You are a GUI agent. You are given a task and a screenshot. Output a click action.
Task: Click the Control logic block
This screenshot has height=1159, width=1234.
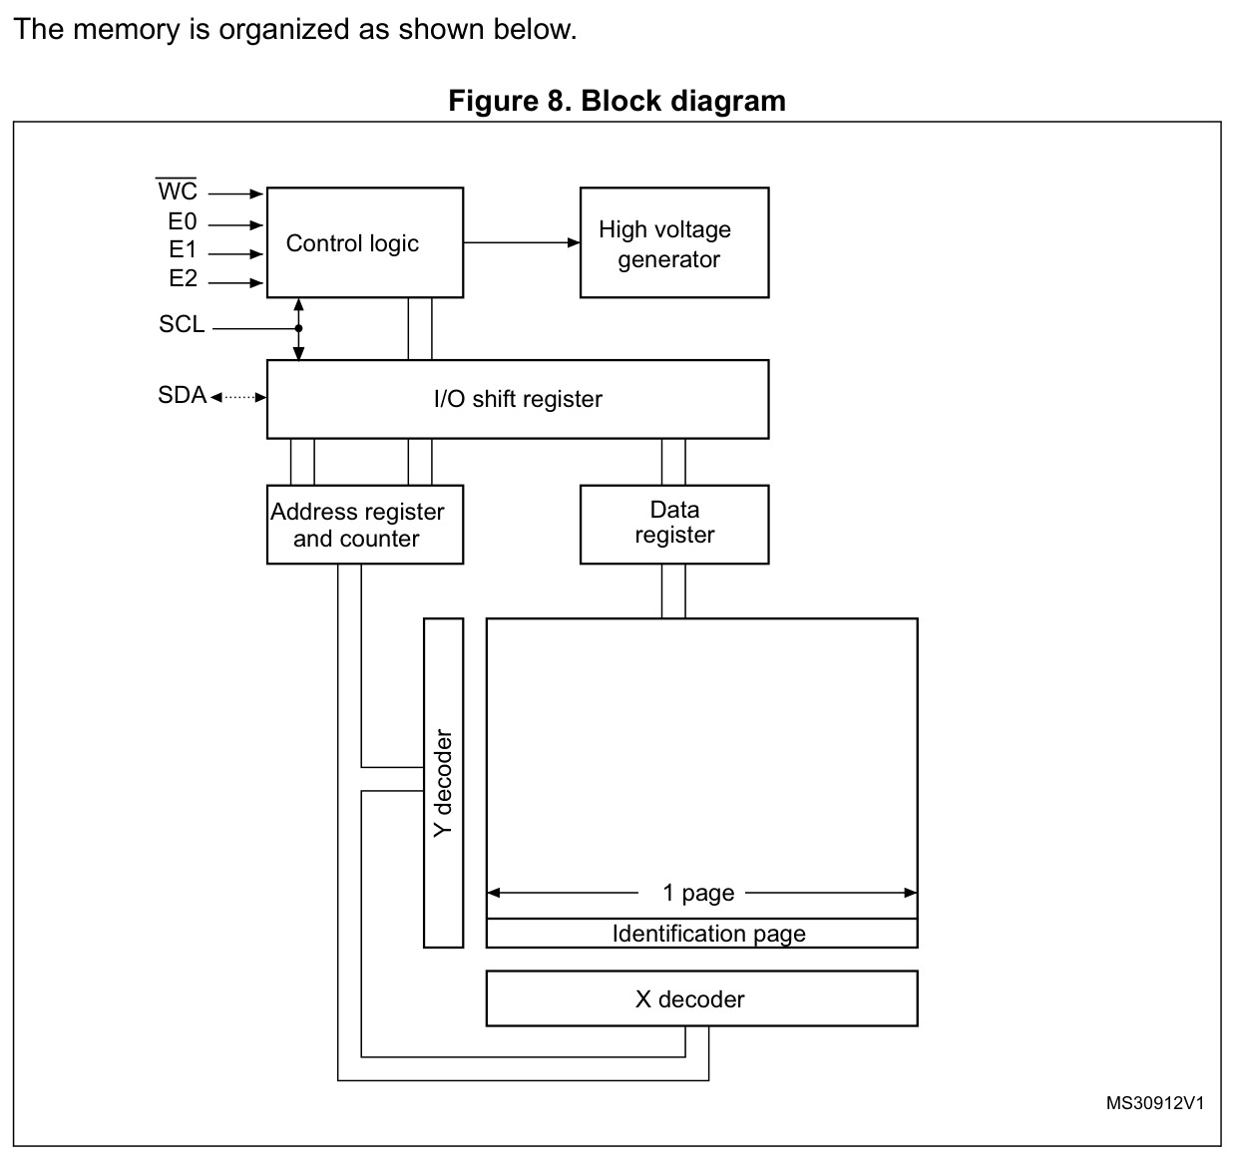pos(365,242)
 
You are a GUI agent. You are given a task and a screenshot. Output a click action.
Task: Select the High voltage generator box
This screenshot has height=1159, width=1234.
pos(674,242)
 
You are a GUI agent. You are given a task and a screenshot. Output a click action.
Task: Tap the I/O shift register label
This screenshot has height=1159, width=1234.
pos(518,399)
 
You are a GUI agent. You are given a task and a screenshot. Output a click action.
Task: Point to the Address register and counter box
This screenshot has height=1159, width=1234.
pos(365,525)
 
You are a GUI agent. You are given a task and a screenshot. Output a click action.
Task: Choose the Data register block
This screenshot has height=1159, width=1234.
pos(674,525)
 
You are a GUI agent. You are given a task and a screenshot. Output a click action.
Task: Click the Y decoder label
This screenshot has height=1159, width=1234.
pos(443,783)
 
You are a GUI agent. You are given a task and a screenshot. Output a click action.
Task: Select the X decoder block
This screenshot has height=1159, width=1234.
pos(701,998)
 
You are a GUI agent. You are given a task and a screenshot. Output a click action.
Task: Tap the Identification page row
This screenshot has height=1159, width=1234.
pos(701,934)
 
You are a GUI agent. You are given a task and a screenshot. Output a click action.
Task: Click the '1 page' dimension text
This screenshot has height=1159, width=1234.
pos(698,893)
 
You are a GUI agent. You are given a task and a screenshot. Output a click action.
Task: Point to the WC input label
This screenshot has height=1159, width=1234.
pos(178,190)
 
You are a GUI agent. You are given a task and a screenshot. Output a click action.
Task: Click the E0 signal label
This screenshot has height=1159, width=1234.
pos(182,221)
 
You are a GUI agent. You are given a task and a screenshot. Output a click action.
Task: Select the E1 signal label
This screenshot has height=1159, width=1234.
pos(183,249)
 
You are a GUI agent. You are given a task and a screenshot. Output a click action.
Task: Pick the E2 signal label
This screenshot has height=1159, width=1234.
pos(184,278)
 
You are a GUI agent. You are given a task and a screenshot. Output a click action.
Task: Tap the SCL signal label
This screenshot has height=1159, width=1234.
pos(182,324)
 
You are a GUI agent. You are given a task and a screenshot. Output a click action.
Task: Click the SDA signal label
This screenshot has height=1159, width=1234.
pos(182,395)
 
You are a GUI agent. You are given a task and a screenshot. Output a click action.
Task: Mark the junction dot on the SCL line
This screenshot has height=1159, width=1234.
pos(298,328)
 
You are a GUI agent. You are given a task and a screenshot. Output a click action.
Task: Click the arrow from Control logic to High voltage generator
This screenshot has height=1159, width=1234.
pos(522,242)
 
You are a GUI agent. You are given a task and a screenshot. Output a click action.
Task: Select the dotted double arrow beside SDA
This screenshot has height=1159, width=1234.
pos(238,397)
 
